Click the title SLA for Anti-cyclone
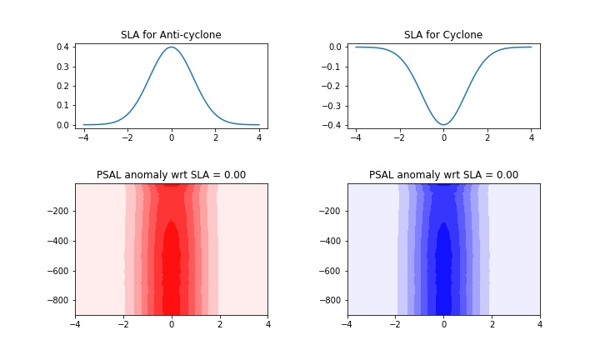171,35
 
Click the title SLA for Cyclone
443,35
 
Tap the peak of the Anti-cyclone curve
171,47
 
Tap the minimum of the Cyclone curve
443,125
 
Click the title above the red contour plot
171,175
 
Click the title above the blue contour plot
443,175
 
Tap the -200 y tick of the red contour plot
57,212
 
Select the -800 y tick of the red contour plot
57,300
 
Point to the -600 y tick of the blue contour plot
329,271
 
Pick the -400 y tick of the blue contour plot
329,241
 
